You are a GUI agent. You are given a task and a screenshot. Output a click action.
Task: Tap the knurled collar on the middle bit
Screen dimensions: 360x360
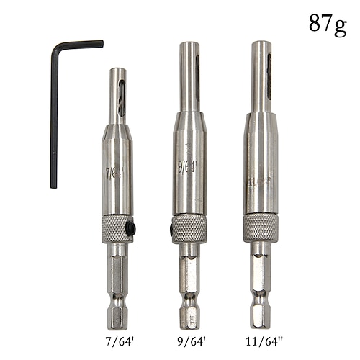[189, 228]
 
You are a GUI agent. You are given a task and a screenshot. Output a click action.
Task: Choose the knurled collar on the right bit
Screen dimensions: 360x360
[261, 227]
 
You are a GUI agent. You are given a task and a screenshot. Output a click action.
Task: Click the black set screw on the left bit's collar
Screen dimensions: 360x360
[130, 228]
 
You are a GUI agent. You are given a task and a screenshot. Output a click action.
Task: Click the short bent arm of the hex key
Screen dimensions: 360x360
[79, 45]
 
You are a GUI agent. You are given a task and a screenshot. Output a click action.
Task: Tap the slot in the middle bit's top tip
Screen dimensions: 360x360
[196, 76]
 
